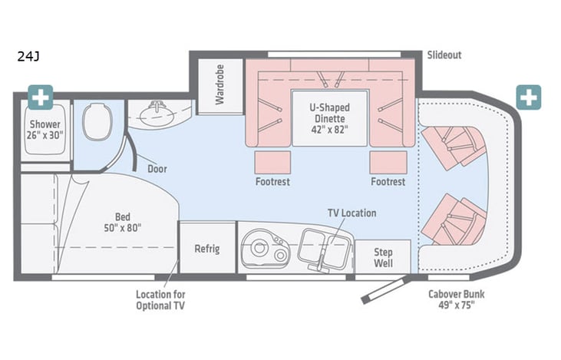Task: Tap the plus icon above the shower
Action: [40, 97]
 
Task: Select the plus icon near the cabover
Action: [528, 97]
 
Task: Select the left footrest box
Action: [272, 162]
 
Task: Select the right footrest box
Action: [388, 162]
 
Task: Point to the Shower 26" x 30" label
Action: [46, 130]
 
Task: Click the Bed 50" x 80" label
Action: [121, 221]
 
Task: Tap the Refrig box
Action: [206, 249]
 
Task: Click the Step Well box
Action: [383, 257]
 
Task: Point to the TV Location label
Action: [351, 213]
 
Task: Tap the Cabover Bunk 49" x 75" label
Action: [456, 299]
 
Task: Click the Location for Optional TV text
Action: [160, 299]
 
